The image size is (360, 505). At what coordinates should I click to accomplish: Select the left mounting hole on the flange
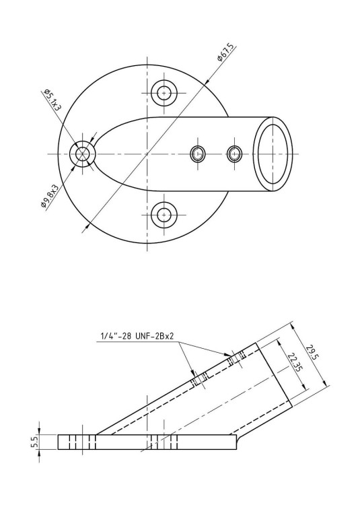pyautogui.click(x=83, y=154)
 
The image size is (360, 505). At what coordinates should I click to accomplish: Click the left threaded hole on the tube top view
pyautogui.click(x=197, y=154)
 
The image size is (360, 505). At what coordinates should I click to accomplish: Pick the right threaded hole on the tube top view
pyautogui.click(x=234, y=154)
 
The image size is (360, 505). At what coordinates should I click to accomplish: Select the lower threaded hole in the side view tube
pyautogui.click(x=198, y=382)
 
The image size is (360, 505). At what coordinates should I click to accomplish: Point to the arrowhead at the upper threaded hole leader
pyautogui.click(x=229, y=354)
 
